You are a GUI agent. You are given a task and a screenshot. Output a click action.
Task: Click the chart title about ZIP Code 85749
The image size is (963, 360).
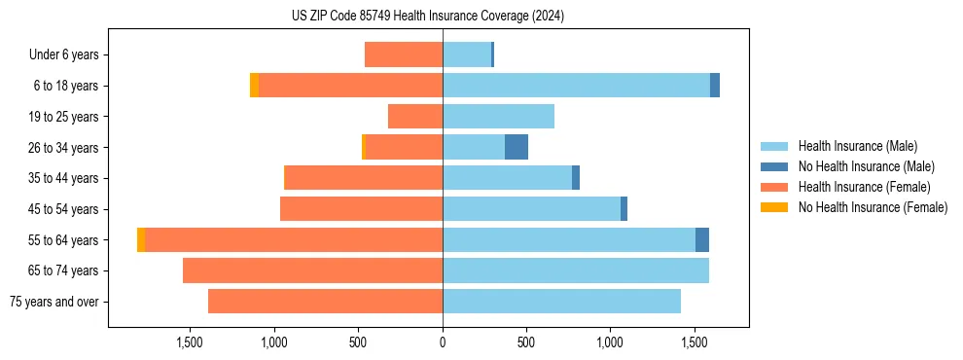click(x=427, y=16)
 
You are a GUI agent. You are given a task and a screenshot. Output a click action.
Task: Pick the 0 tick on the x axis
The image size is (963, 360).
click(x=443, y=342)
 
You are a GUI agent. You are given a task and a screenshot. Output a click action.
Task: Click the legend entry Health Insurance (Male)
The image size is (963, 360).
click(x=857, y=146)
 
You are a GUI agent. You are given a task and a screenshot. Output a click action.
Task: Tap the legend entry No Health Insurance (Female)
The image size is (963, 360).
click(x=873, y=207)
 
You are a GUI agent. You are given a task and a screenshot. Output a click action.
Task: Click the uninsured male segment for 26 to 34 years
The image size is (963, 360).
click(x=517, y=147)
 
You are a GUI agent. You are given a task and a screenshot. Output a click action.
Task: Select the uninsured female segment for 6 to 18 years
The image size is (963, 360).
click(x=255, y=86)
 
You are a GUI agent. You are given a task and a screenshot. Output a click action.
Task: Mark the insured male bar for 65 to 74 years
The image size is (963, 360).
click(x=576, y=270)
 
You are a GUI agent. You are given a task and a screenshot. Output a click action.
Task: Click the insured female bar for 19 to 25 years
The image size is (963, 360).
click(x=415, y=117)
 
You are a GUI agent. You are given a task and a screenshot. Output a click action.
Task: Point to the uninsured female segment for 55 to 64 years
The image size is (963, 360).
click(x=141, y=239)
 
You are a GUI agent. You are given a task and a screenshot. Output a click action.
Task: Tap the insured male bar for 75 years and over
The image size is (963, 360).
click(x=561, y=302)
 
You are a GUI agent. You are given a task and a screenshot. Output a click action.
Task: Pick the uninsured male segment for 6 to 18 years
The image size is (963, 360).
click(x=715, y=86)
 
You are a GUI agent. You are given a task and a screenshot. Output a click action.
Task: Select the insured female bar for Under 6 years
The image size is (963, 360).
click(x=404, y=54)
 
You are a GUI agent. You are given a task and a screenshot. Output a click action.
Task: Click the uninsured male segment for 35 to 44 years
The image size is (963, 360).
click(x=576, y=178)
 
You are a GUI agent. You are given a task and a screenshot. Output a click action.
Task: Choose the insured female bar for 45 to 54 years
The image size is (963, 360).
click(x=361, y=209)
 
